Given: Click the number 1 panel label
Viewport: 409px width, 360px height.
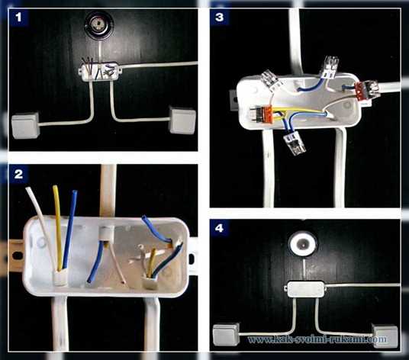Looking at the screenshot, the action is point(18,18).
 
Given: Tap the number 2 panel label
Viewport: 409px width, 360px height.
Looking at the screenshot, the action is point(18,175).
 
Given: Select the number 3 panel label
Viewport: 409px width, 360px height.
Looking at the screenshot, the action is point(219,18).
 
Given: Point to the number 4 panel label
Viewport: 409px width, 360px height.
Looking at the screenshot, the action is point(219,228).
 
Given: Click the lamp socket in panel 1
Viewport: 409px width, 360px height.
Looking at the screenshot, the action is point(98,26).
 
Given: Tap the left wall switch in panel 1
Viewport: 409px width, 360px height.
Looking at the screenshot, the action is point(26,125).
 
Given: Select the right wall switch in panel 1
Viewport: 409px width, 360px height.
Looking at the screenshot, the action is point(182,120).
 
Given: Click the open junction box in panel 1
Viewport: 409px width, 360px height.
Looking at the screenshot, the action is point(99,71).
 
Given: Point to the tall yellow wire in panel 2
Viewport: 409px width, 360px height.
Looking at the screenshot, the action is point(58,227).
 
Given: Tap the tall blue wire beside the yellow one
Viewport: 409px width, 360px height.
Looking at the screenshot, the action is point(70,230).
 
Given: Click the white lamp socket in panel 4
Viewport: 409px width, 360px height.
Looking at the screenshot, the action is point(303,244).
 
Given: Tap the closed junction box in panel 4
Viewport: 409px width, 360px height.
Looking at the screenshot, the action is point(305,289).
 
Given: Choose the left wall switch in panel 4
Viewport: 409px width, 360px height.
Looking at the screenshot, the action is point(226,335).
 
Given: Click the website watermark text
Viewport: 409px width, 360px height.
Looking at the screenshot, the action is point(317,339).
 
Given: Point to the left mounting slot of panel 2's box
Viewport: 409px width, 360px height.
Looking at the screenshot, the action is point(17,256).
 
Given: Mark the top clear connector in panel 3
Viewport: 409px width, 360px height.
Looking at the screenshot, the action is point(330,66).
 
